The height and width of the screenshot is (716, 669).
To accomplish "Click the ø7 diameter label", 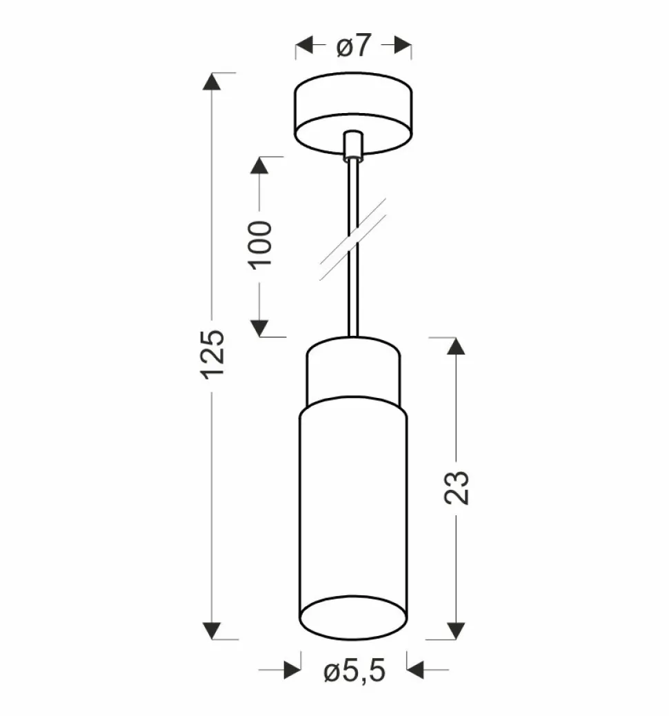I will click(x=354, y=46).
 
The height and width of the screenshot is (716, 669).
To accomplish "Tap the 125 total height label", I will click(x=212, y=353).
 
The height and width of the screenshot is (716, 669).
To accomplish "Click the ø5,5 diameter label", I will click(x=354, y=670).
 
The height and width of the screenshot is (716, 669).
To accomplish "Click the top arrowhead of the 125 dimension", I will click(x=212, y=81).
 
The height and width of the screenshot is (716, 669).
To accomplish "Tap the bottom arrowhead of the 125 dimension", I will click(x=212, y=630).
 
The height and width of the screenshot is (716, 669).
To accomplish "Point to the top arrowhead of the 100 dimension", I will click(x=259, y=166).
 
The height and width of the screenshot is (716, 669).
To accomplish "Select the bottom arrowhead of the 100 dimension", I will click(x=259, y=328).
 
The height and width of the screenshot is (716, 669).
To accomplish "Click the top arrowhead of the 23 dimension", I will click(x=456, y=346).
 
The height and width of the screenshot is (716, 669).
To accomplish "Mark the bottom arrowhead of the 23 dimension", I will click(x=456, y=630).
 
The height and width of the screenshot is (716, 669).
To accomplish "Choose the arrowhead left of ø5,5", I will click(x=292, y=669).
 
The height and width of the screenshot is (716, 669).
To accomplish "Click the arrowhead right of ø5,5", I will click(x=415, y=669).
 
